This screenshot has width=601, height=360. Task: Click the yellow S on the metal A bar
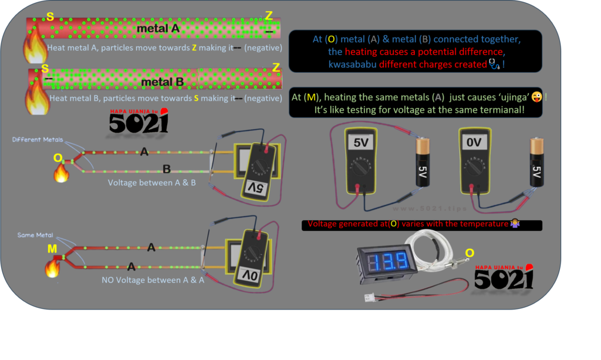pos(50,17)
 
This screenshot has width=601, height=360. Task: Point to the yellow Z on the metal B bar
pos(276,68)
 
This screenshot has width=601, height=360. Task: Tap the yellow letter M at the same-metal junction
pos(52,250)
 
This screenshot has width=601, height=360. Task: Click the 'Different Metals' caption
pos(35,140)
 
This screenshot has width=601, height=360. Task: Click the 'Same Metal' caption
pos(35,235)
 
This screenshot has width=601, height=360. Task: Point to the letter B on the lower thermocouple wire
pos(166,169)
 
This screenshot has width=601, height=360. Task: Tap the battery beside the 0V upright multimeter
pos(536,163)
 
